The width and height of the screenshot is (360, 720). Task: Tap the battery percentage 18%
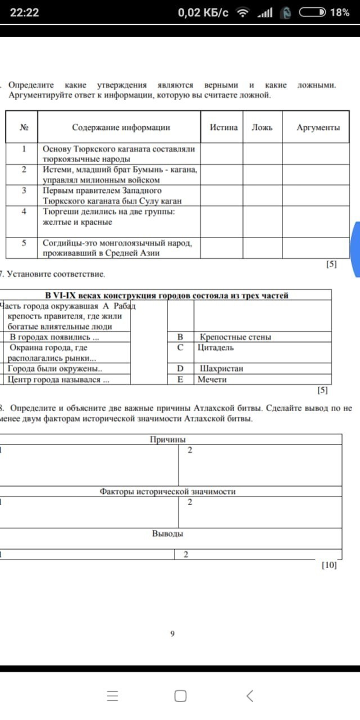[340, 12]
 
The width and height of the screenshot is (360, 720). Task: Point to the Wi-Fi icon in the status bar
[242, 12]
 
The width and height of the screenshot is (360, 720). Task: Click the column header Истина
[224, 128]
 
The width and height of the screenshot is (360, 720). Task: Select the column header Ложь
[262, 128]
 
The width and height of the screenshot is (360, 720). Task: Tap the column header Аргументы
[318, 128]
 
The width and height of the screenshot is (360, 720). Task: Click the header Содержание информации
[121, 128]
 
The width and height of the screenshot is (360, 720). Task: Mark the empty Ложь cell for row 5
[263, 248]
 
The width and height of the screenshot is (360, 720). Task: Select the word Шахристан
[221, 369]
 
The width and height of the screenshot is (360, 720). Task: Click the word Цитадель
[216, 348]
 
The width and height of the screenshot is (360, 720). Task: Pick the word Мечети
[212, 380]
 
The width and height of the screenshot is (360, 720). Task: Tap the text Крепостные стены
[235, 337]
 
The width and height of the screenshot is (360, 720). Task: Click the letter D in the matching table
[180, 369]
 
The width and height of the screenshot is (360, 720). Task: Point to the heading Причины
[168, 439]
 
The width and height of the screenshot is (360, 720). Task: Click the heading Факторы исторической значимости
[168, 491]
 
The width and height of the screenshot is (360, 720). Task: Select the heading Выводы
[168, 533]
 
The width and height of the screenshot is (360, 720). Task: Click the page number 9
[172, 634]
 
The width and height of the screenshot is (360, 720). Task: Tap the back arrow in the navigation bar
[250, 696]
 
